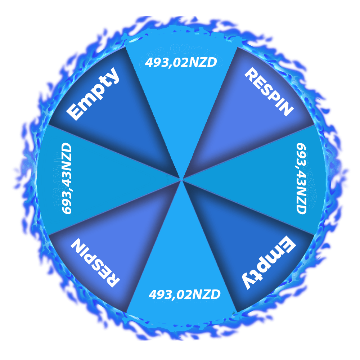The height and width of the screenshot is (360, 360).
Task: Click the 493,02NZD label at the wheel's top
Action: coord(181,62)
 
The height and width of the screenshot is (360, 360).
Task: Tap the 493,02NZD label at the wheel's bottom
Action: coord(185,294)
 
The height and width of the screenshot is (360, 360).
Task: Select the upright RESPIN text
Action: coord(269,91)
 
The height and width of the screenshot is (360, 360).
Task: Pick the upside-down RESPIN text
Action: coord(95,263)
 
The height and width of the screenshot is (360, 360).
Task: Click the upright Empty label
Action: coord(93,94)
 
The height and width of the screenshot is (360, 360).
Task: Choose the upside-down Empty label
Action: coord(269,263)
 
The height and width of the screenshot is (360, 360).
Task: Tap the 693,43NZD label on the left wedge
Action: coord(67,179)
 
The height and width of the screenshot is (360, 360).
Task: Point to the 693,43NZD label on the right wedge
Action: coord(301,179)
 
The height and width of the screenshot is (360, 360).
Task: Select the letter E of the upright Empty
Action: coord(74,112)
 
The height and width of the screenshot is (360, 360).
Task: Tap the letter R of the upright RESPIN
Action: coord(251,74)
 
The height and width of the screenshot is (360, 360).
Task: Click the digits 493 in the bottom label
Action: coord(159,294)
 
